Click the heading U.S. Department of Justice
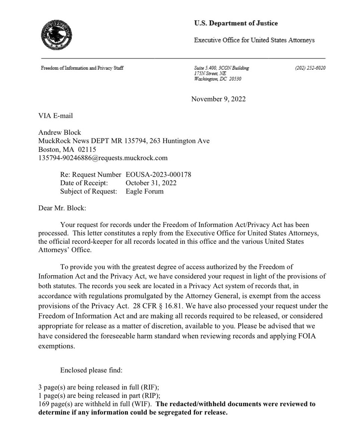(x=236, y=24)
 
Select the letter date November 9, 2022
(x=218, y=99)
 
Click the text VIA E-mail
(x=56, y=116)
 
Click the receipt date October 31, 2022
(x=151, y=183)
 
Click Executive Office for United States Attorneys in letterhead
(x=254, y=40)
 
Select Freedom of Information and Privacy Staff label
(x=82, y=68)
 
